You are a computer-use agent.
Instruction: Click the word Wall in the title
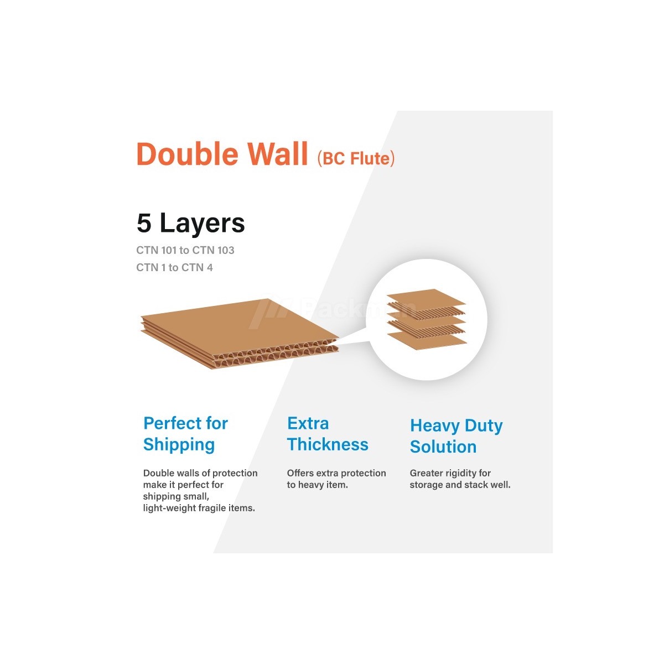tap(278, 154)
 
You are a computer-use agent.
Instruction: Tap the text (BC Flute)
tap(356, 159)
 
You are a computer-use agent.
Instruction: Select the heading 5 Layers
tap(190, 223)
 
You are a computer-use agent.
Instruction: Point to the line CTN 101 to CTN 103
tap(185, 250)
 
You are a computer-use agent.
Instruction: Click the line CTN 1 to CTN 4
tap(174, 267)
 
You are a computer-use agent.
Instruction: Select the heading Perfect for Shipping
tap(185, 434)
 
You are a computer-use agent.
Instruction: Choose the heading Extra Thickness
tap(327, 434)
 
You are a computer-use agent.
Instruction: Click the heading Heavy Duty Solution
tap(456, 436)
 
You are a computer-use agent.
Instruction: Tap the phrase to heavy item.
tap(317, 485)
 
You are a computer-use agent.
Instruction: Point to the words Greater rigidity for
tap(450, 473)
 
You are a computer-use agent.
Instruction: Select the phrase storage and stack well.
tap(460, 485)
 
